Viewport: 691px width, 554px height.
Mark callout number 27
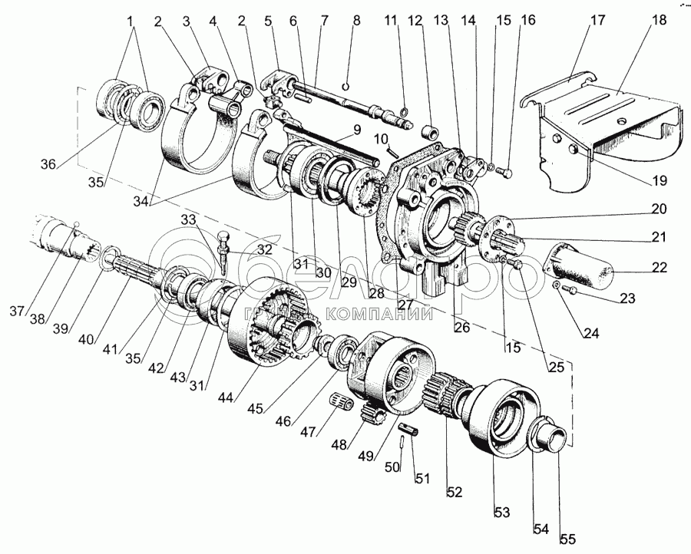(405, 304)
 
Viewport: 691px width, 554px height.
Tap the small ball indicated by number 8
(346, 85)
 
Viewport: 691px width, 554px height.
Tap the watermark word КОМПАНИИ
(379, 313)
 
